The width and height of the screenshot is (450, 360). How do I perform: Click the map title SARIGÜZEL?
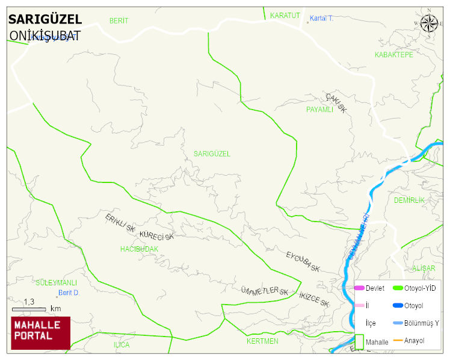coord(45,20)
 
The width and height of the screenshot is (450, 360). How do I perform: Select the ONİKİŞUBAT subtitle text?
coord(45,36)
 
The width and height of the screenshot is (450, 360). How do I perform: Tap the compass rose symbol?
coord(430,23)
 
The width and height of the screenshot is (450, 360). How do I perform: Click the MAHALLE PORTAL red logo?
coord(41,333)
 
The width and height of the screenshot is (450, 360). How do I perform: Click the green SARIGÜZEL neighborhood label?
coord(212,154)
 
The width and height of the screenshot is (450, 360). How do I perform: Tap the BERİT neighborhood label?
coord(119,21)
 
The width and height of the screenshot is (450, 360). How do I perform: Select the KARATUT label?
coord(285,15)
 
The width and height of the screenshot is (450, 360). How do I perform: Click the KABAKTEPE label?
coord(393,55)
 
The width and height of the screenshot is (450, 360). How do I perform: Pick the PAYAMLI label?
coord(319,110)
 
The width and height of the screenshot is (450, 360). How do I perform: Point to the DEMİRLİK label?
coord(409,200)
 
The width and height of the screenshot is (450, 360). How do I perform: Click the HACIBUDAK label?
coord(139,249)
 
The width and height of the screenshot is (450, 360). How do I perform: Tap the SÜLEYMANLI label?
coord(57,282)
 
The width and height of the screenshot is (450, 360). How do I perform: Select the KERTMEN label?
coord(262,341)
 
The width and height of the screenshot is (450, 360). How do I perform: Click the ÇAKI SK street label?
coord(336,103)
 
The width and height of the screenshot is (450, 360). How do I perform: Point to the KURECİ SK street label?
coord(156,235)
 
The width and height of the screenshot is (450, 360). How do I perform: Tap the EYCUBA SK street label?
coord(302,262)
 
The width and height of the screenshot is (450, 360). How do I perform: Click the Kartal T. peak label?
coord(321,19)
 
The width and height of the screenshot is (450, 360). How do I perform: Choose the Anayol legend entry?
coord(414,341)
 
